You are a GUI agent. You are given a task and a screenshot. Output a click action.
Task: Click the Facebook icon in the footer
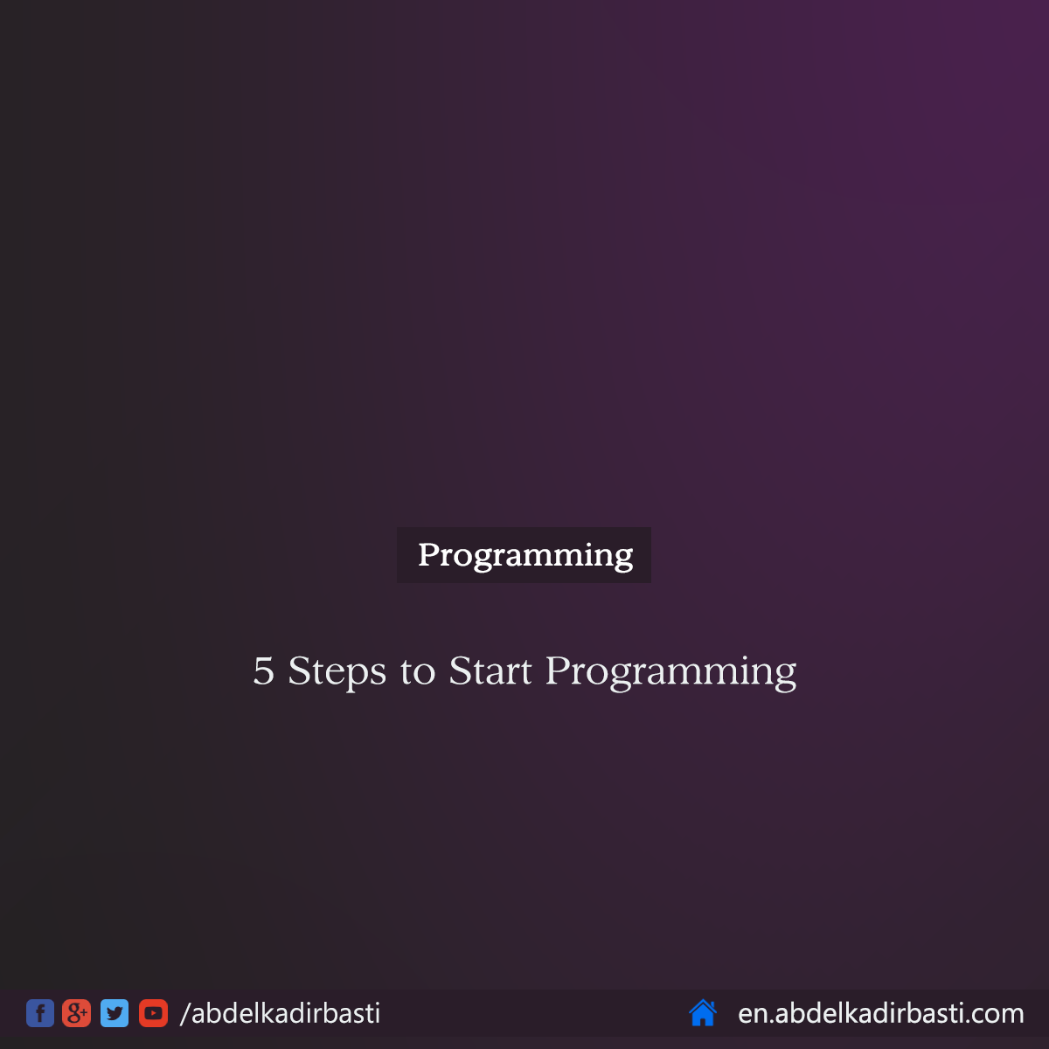coord(40,1013)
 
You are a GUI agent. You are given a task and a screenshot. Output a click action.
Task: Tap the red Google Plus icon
coord(77,1013)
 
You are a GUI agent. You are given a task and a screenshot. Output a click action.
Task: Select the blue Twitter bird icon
coord(115,1013)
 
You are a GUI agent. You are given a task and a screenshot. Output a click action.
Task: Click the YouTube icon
coord(153,1013)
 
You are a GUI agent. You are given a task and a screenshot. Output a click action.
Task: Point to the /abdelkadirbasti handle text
coord(281,1013)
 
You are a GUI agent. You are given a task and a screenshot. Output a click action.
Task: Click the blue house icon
coord(703,1013)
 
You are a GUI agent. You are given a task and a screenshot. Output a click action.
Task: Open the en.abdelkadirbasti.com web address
coord(880,1013)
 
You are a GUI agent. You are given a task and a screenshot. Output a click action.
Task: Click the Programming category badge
coord(524,555)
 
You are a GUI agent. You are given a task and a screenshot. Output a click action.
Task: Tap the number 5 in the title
coord(263,671)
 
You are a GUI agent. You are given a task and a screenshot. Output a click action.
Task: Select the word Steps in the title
coord(337,671)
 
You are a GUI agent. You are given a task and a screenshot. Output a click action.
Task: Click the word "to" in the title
coord(418,671)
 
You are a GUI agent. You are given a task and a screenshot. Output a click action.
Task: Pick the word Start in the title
coord(490,671)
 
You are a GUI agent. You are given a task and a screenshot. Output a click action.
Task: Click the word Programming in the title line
coord(670,671)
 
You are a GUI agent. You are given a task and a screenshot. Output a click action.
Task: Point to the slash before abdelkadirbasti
coord(184,1013)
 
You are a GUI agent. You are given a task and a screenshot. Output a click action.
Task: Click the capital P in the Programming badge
coord(427,554)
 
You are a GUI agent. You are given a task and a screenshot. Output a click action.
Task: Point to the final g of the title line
coord(785,675)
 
